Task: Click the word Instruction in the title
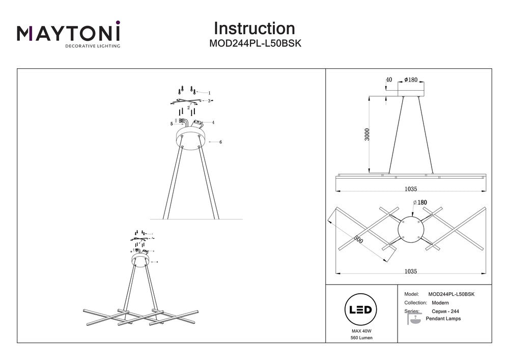pyautogui.click(x=254, y=28)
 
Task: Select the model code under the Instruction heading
pyautogui.click(x=256, y=44)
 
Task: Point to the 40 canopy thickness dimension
pyautogui.click(x=389, y=80)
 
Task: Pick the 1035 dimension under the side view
pyautogui.click(x=411, y=189)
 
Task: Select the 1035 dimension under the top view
pyautogui.click(x=411, y=272)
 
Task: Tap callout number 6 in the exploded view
pyautogui.click(x=220, y=142)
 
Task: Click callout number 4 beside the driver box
pyautogui.click(x=213, y=122)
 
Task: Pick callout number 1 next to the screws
pyautogui.click(x=209, y=93)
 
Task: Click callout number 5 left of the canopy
pyautogui.click(x=172, y=123)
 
